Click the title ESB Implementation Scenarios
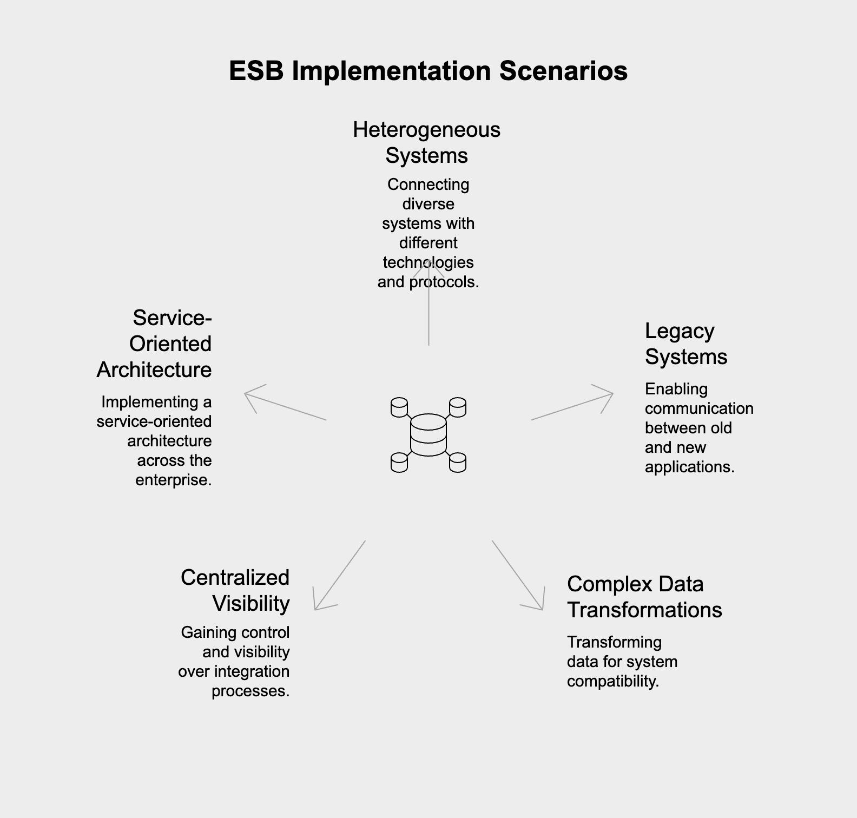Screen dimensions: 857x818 428,71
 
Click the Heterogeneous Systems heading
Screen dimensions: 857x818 427,142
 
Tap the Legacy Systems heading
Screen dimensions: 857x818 686,344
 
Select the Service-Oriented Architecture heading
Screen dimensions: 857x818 154,344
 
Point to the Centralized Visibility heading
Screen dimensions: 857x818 235,590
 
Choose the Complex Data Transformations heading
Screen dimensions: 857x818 644,597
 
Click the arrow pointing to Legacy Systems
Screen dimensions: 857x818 572,406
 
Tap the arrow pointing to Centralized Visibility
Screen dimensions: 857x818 340,575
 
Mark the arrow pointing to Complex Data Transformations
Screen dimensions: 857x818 518,575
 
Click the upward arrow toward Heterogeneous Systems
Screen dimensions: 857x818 428,302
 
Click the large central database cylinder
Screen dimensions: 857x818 428,435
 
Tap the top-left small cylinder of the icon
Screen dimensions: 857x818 399,407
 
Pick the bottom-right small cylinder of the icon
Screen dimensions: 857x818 458,463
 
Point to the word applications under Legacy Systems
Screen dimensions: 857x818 690,467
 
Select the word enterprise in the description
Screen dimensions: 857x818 174,480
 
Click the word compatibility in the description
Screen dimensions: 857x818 613,681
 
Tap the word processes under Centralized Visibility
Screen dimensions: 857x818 250,691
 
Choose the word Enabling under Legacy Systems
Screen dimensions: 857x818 676,389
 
